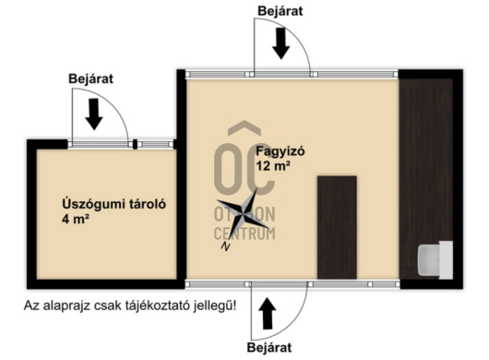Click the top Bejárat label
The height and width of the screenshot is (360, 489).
(x=280, y=10)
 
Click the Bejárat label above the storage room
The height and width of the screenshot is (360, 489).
(x=91, y=78)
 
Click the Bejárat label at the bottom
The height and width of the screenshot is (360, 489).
(x=268, y=348)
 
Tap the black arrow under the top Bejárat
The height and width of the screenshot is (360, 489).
(x=280, y=41)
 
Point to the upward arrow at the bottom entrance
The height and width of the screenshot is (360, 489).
(x=268, y=314)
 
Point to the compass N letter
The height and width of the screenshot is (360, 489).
(x=224, y=246)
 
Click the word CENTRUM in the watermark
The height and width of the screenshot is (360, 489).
(x=244, y=234)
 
